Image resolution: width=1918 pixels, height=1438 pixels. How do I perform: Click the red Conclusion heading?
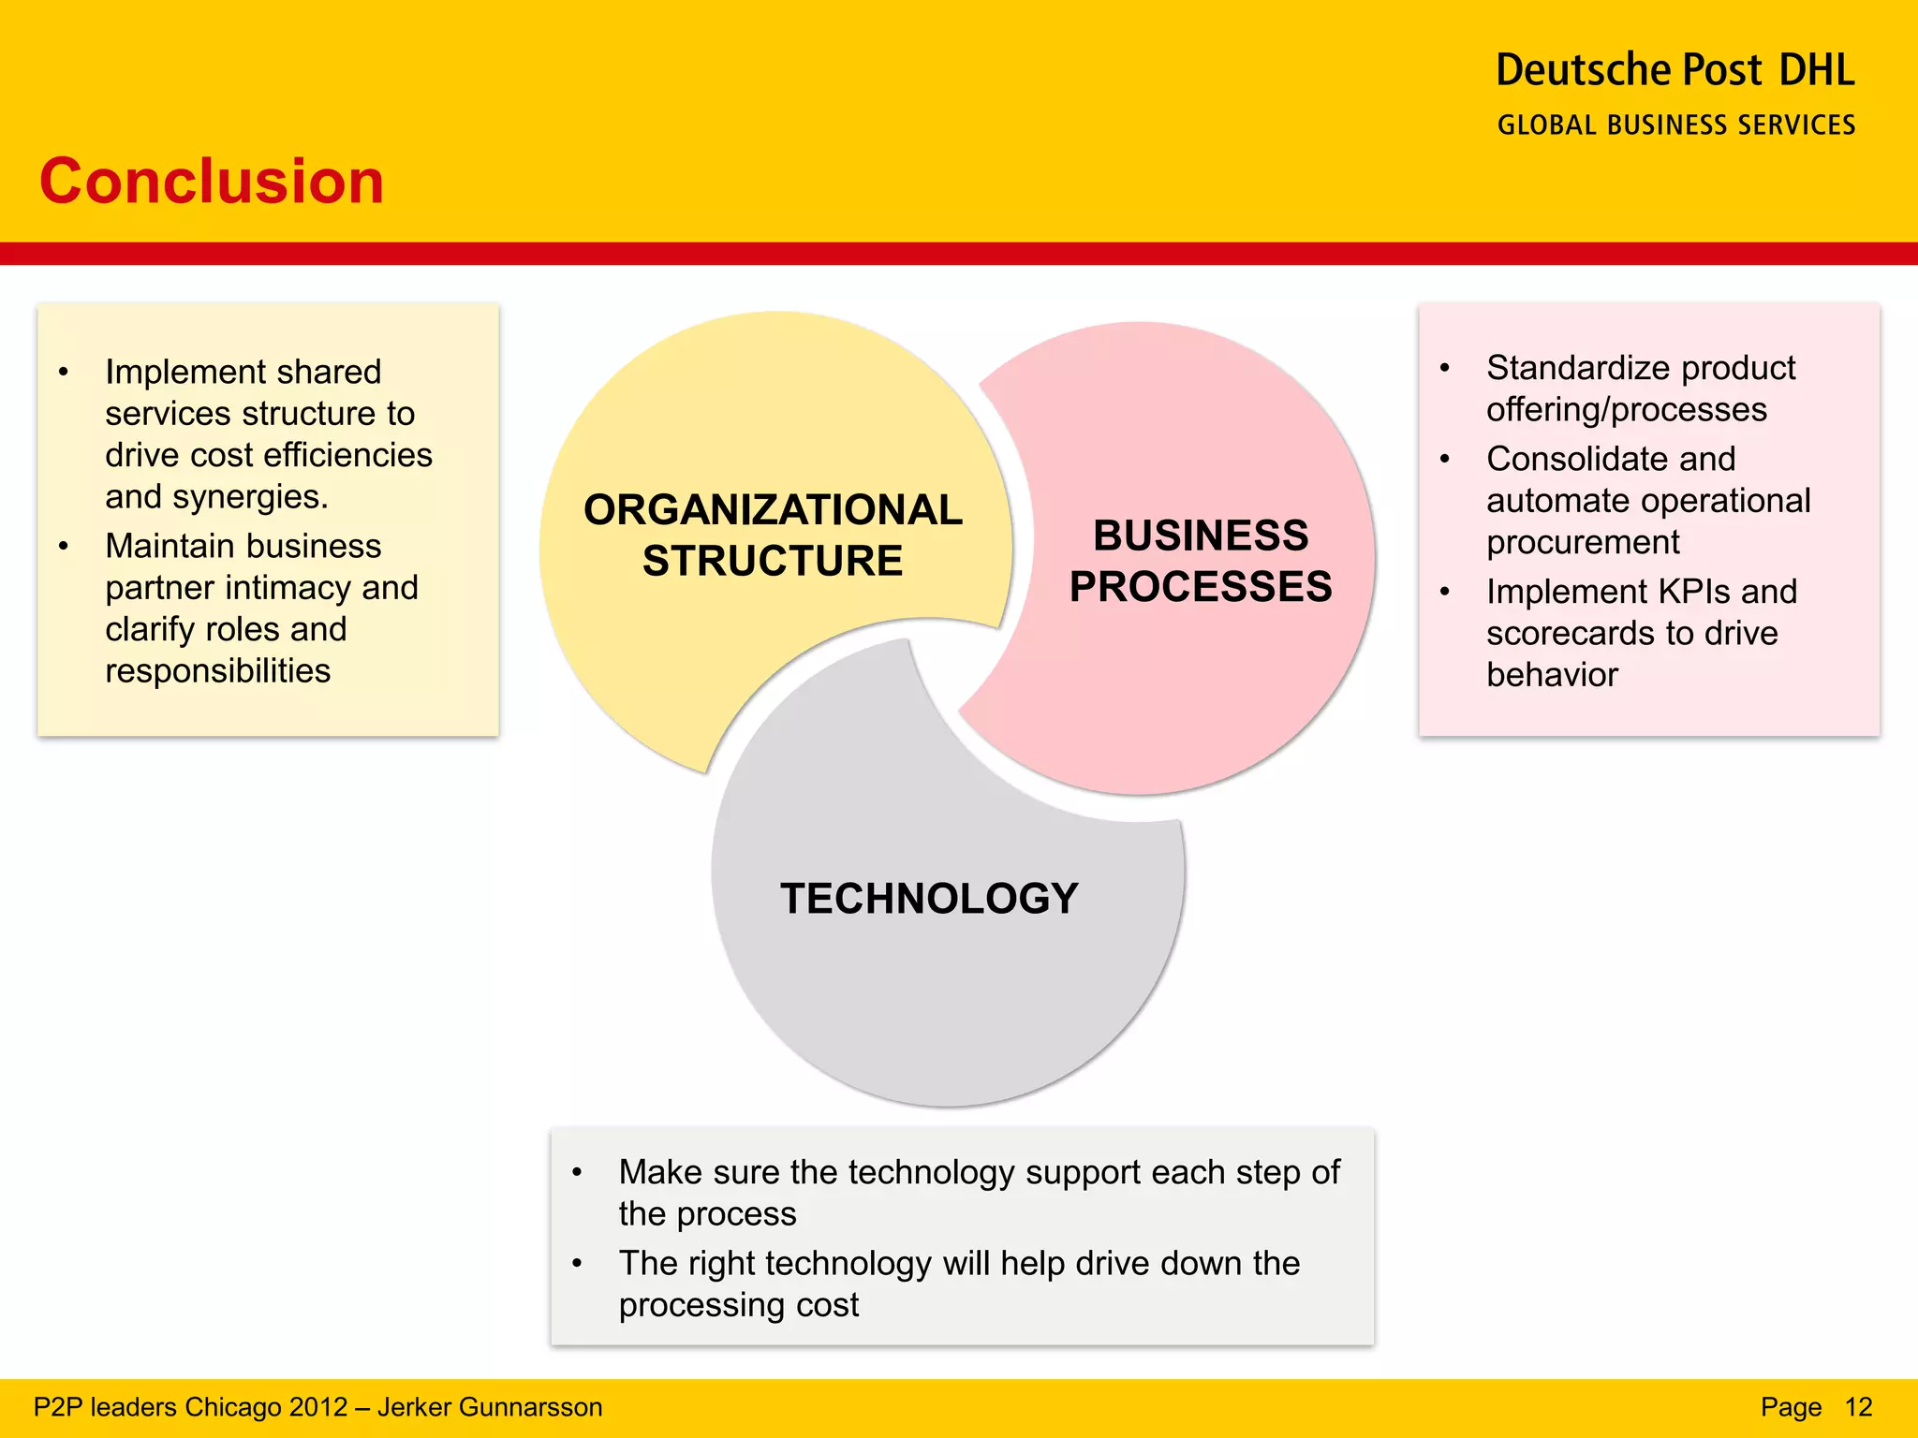[x=212, y=182]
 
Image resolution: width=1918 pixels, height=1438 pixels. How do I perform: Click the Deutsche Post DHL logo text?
[x=1675, y=71]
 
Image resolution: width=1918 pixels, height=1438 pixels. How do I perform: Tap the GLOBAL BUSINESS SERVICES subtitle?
[x=1676, y=125]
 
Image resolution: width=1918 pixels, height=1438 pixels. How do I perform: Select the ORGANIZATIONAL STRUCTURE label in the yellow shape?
[x=773, y=535]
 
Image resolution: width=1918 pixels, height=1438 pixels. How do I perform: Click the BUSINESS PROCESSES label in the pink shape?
[x=1201, y=561]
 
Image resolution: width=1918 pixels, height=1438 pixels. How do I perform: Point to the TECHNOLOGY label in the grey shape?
[x=929, y=899]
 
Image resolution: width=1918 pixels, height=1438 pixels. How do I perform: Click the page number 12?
[x=1858, y=1407]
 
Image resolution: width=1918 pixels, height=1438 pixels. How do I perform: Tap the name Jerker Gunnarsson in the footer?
[x=490, y=1407]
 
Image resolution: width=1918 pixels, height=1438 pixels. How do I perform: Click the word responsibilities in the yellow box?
[x=217, y=671]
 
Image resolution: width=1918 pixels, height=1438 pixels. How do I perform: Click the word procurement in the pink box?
[x=1583, y=543]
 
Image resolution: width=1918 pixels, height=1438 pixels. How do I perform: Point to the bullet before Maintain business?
[x=64, y=546]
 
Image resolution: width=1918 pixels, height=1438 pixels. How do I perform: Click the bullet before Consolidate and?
[x=1445, y=459]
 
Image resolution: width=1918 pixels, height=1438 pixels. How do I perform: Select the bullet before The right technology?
[x=578, y=1264]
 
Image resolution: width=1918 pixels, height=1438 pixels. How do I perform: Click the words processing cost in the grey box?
[x=738, y=1305]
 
